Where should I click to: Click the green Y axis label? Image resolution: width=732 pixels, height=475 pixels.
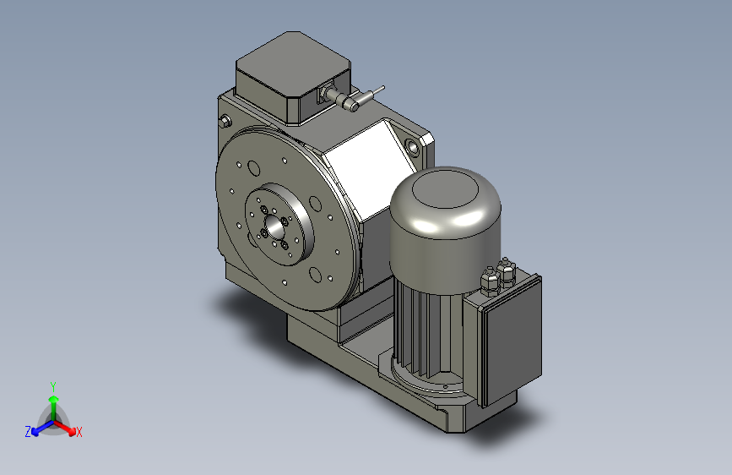click(53, 385)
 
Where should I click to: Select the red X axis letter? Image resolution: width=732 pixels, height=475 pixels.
click(79, 433)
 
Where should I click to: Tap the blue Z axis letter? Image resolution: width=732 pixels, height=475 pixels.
click(28, 432)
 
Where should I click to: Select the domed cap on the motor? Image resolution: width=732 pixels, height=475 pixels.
click(446, 211)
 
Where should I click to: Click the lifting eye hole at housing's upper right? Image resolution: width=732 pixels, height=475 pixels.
click(413, 147)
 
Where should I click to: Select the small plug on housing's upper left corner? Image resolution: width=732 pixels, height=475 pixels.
click(224, 121)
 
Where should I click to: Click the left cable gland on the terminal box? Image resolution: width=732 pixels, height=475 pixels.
click(489, 280)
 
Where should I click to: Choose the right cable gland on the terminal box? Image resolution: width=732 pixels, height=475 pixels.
click(507, 271)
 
